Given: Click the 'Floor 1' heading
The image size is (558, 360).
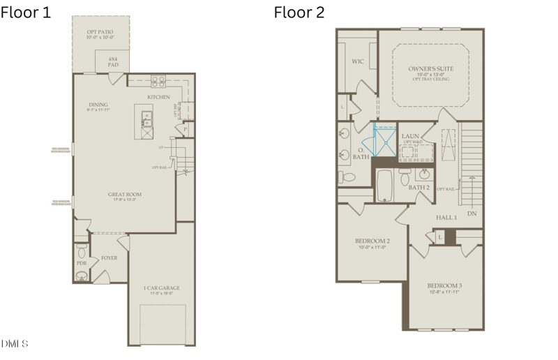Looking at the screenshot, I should [x=26, y=13].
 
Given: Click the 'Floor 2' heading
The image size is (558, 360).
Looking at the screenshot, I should [x=299, y=13].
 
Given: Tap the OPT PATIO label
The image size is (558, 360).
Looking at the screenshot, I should [x=100, y=32].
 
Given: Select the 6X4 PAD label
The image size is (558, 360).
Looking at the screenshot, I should [x=113, y=61].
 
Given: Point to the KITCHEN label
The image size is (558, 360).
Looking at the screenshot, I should [x=158, y=97].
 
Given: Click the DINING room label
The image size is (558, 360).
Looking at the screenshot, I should [x=98, y=105].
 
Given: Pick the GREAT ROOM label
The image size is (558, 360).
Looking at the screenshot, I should [x=125, y=195].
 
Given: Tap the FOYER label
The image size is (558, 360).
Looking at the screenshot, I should [x=109, y=257].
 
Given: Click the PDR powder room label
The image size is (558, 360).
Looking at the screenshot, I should [x=82, y=263].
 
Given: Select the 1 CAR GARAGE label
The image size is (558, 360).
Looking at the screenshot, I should [x=161, y=288].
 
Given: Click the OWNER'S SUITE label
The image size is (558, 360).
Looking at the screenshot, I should [x=430, y=69].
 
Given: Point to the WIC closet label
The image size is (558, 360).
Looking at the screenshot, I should [x=358, y=61].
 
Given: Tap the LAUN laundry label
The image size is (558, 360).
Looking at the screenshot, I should [x=409, y=137].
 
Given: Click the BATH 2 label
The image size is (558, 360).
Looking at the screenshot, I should [x=418, y=188].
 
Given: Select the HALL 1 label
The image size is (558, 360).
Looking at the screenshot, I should [x=446, y=218].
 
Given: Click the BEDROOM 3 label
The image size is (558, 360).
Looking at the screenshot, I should [x=444, y=286].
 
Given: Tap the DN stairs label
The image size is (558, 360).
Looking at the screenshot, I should [x=472, y=213].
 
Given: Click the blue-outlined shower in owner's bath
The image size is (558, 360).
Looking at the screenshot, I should [x=384, y=140].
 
